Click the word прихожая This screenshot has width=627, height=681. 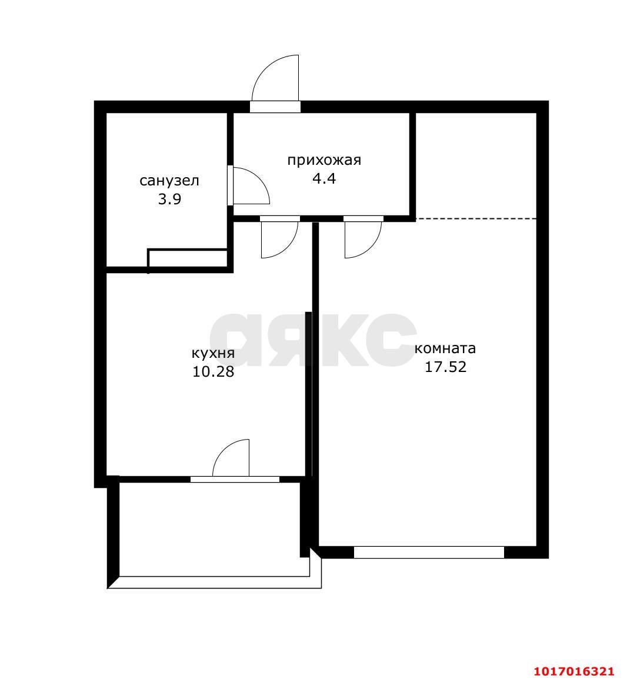[324, 161]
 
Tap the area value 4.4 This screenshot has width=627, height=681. [324, 178]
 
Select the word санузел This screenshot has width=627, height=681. [169, 181]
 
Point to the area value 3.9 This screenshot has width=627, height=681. [169, 200]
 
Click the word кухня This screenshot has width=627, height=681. [213, 353]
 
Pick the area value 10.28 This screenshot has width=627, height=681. [213, 372]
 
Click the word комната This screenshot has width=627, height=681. [445, 348]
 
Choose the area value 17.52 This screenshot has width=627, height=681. [445, 367]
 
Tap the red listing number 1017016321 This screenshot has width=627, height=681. [573, 671]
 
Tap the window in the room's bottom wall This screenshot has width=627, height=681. [429, 552]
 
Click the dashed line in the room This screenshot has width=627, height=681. [476, 218]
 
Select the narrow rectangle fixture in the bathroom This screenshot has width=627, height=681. [188, 258]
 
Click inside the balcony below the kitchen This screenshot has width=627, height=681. [209, 529]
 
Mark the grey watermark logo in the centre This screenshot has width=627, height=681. [313, 340]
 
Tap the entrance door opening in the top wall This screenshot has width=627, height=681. [275, 107]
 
